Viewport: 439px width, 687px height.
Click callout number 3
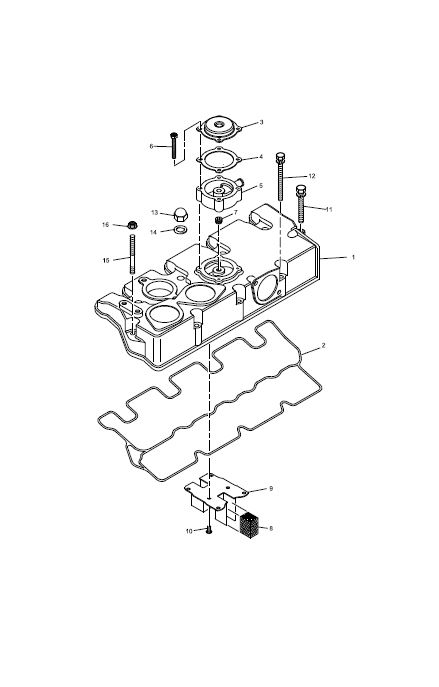[261, 122]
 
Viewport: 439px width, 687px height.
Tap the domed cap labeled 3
[219, 128]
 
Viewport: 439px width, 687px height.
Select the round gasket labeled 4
[219, 159]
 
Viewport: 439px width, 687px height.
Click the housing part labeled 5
[219, 192]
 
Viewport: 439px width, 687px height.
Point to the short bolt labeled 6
[173, 145]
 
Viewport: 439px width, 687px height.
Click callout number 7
[235, 212]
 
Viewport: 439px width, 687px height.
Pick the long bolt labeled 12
[280, 176]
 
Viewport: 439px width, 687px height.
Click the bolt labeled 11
[301, 204]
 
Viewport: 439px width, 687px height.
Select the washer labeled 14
[180, 229]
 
